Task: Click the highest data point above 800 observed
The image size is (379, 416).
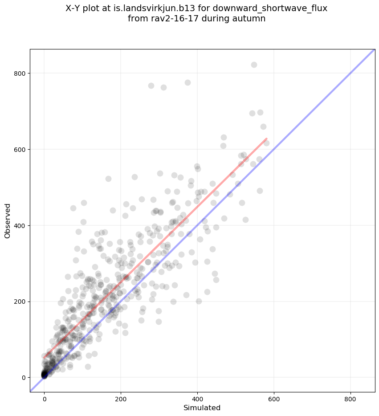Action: tap(254, 65)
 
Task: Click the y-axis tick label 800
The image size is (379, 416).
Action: tap(19, 73)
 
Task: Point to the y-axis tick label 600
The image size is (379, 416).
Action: tap(19, 149)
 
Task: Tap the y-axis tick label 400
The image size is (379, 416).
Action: tap(19, 225)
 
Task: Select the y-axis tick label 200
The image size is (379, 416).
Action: tap(19, 302)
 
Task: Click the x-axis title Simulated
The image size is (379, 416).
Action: tap(202, 408)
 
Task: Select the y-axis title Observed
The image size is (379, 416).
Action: tap(8, 220)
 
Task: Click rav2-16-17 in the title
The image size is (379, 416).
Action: tap(171, 19)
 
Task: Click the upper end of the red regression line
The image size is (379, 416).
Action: tap(266, 139)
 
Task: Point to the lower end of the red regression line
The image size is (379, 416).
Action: tap(45, 357)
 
